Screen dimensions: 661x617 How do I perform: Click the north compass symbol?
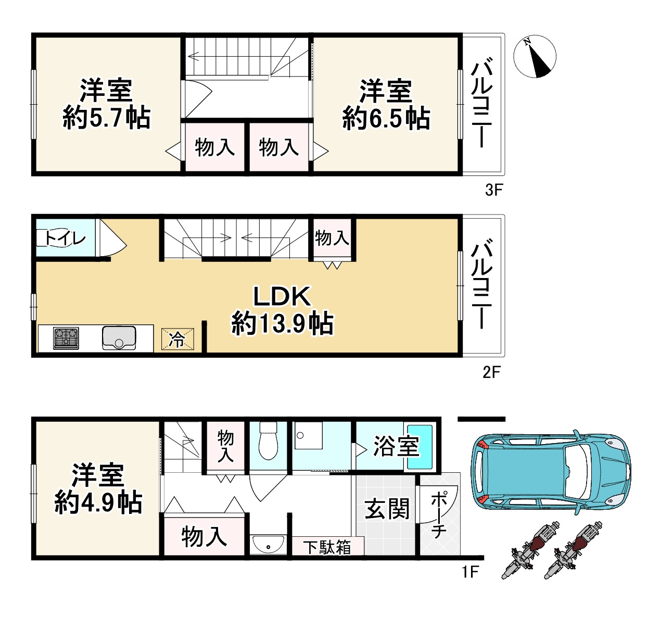pyautogui.click(x=535, y=56)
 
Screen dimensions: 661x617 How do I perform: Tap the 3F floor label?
pyautogui.click(x=493, y=190)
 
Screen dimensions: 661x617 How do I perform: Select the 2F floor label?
pyautogui.click(x=492, y=372)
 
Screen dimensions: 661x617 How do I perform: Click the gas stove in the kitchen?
pyautogui.click(x=66, y=338)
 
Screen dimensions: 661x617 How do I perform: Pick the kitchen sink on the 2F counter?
pyautogui.click(x=119, y=338)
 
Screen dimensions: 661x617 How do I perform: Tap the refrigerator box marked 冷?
pyautogui.click(x=177, y=339)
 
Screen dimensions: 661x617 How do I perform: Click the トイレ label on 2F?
pyautogui.click(x=65, y=238)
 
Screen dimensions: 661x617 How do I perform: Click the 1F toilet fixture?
pyautogui.click(x=268, y=441)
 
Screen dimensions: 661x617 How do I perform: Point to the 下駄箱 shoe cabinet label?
pyautogui.click(x=327, y=547)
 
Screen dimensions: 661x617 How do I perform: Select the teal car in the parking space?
pyautogui.click(x=551, y=472)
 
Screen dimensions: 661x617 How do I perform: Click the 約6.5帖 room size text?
pyautogui.click(x=386, y=118)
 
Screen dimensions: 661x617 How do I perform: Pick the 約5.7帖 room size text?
pyautogui.click(x=106, y=118)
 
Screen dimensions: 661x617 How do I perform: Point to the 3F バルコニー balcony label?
pyautogui.click(x=481, y=103)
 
